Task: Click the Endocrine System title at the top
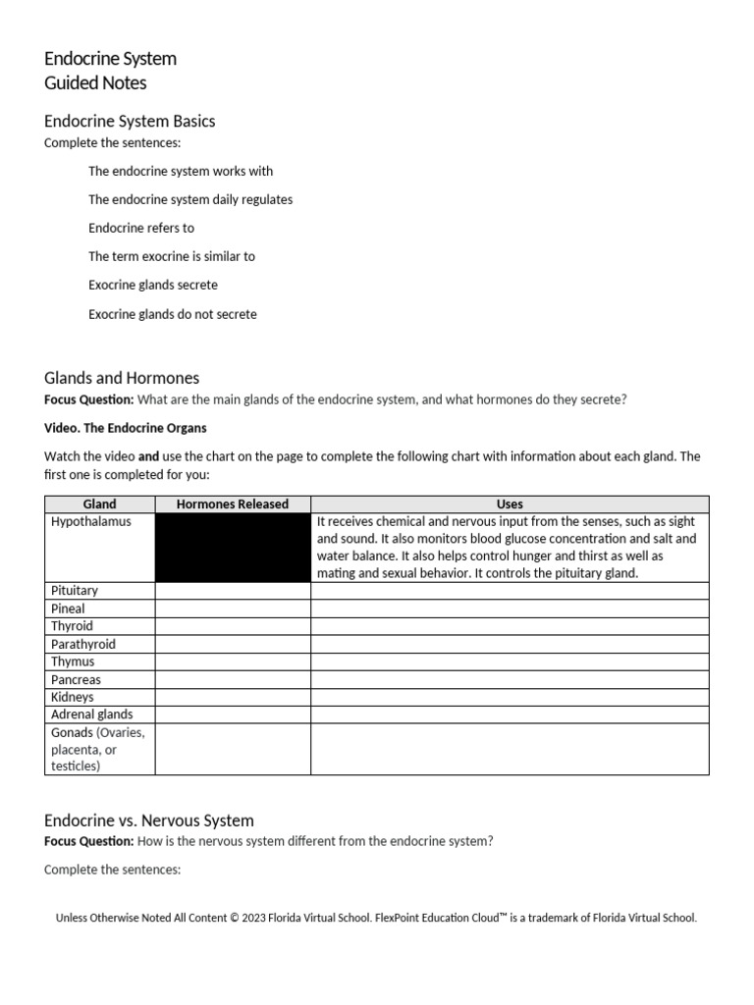pos(110,59)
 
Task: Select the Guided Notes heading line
pos(95,83)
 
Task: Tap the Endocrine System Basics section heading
pos(130,122)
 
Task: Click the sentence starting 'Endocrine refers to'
pos(141,228)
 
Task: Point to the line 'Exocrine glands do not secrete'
pos(173,314)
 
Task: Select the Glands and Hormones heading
pos(122,378)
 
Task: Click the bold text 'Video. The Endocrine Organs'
pos(126,428)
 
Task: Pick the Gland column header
pos(99,503)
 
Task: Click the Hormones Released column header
pos(233,503)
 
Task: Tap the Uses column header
pos(510,503)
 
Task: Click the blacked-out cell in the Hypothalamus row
pos(233,547)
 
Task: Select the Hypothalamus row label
pos(90,522)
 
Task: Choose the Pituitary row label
pos(75,591)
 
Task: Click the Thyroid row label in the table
pos(73,626)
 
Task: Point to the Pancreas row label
pos(76,679)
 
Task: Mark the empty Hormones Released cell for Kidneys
pos(233,697)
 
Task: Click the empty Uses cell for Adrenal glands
pos(510,714)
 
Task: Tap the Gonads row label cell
pos(98,749)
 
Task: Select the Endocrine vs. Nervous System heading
pos(149,820)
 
